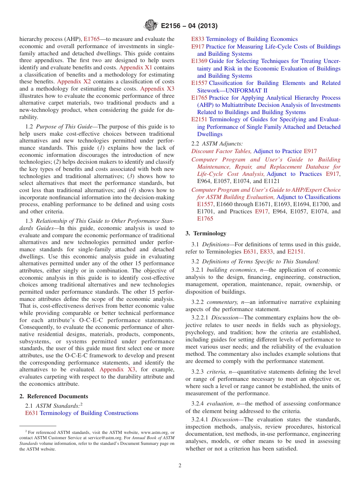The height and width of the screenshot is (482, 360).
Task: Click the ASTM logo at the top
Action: pos(150,26)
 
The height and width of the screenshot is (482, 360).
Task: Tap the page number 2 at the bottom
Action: pos(180,466)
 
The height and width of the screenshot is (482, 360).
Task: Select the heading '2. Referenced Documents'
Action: pos(53,396)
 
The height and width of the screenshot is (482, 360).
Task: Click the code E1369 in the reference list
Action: pos(199,61)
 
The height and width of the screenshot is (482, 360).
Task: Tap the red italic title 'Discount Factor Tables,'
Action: pos(221,151)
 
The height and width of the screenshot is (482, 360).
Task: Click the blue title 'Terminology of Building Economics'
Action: pos(252,39)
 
